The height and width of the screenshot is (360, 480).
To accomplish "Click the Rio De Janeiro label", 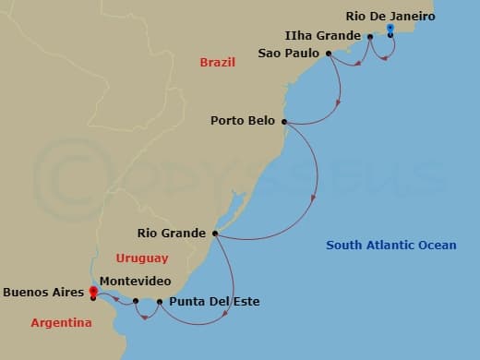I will [x=390, y=16].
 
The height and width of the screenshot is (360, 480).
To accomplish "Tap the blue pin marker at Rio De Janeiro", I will [x=390, y=30].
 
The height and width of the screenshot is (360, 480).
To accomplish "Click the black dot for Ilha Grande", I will [x=369, y=37].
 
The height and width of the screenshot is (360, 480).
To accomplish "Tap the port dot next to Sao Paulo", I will [x=329, y=54].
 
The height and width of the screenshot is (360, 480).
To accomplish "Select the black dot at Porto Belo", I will [x=284, y=121].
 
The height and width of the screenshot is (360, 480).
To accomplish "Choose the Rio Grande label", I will [x=172, y=233].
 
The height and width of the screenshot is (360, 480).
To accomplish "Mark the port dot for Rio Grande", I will [x=215, y=233].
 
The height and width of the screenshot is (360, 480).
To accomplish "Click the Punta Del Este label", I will [x=212, y=301].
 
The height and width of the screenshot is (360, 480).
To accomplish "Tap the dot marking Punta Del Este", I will [x=160, y=302].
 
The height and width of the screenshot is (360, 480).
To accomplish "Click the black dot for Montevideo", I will [x=136, y=301].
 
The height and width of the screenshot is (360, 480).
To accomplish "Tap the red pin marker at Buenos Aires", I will [x=93, y=292].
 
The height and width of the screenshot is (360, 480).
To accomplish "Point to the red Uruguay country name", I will [x=143, y=258].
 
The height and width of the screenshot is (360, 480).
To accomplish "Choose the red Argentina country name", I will [x=61, y=323].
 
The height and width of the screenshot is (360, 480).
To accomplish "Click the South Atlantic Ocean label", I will [x=391, y=245].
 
